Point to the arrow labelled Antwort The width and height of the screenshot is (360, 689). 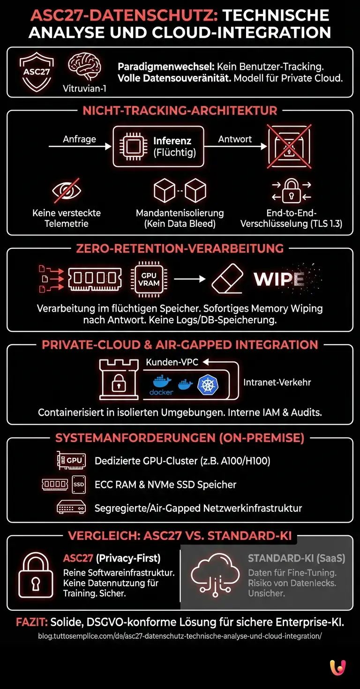point(235,147)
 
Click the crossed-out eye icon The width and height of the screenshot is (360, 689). point(66,190)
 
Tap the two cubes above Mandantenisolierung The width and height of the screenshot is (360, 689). point(180,191)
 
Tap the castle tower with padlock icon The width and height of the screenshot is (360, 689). point(115,380)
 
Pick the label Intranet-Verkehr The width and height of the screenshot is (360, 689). point(277,382)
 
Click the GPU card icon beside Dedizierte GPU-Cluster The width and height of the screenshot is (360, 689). point(71,461)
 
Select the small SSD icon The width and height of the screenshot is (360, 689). point(79,484)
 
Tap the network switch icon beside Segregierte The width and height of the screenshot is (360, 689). point(71,507)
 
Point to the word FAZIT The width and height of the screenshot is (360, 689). point(32,622)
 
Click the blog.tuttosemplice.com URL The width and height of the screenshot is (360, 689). point(180,636)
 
